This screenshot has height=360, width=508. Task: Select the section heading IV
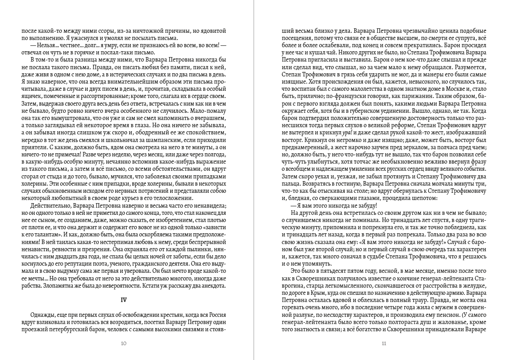tap(124, 299)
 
